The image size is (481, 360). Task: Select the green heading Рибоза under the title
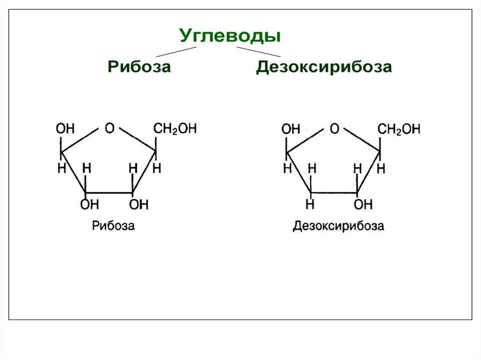point(139,66)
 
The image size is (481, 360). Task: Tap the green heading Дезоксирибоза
point(324,66)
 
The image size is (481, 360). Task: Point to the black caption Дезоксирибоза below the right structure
point(338,226)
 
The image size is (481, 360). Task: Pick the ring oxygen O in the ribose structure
point(109,128)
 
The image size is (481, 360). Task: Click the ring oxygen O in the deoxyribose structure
point(334,128)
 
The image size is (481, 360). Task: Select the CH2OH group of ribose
point(175,129)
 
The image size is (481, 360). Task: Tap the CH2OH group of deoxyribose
point(400,129)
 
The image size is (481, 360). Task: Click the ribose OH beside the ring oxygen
point(65,129)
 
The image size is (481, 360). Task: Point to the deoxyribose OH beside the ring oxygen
point(290,129)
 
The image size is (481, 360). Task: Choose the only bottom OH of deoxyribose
point(363,204)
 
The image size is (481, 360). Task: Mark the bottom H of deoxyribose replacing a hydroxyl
point(310,204)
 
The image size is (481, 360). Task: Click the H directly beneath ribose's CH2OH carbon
point(157,168)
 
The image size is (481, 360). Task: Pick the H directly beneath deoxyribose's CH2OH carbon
point(382,168)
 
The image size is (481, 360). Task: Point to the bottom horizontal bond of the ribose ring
point(109,192)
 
